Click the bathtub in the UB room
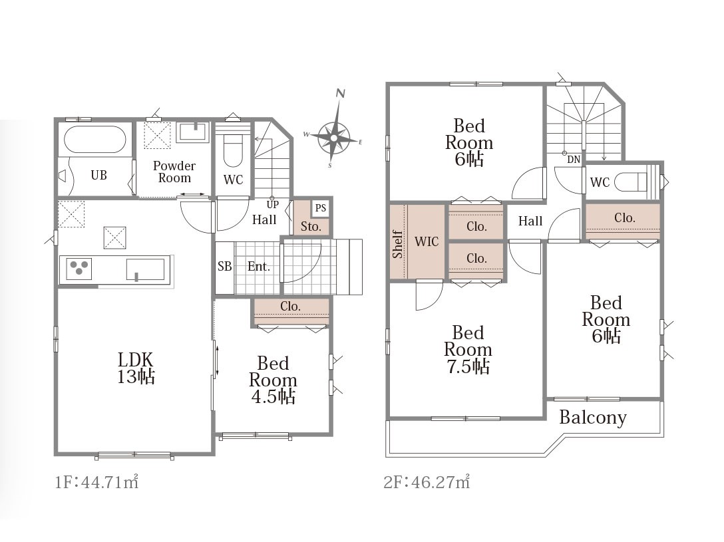click(x=94, y=139)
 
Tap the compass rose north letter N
click(x=341, y=93)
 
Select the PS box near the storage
click(x=321, y=208)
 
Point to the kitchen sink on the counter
click(x=146, y=269)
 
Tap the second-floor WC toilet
click(x=632, y=182)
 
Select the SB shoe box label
click(x=224, y=266)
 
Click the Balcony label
click(x=593, y=418)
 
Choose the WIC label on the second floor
click(x=426, y=241)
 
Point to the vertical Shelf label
click(x=397, y=244)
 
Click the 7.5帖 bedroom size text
click(x=468, y=366)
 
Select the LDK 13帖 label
click(x=136, y=368)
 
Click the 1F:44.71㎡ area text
click(x=96, y=482)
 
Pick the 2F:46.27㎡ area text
click(x=427, y=482)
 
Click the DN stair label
click(x=574, y=160)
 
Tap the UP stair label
click(x=272, y=204)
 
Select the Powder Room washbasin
click(x=194, y=132)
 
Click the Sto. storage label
click(x=311, y=227)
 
